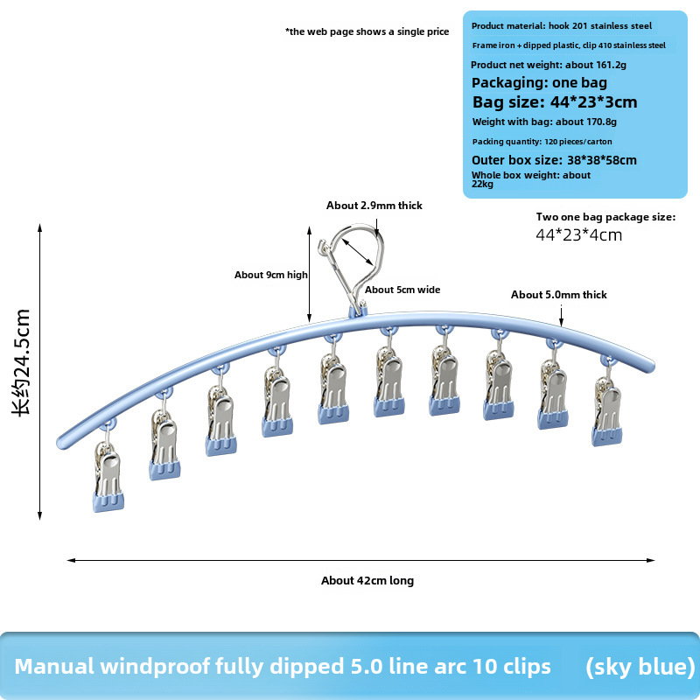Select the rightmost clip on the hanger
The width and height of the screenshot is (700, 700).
coord(607,411)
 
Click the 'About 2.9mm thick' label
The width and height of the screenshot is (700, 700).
coord(374,206)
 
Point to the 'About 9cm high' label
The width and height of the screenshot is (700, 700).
coord(271,275)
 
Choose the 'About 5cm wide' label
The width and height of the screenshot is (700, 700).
coord(402,290)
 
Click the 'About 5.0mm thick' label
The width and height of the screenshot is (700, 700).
coord(559,295)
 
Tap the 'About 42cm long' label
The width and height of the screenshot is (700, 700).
coord(367,580)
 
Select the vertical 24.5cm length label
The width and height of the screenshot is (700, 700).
coord(21,362)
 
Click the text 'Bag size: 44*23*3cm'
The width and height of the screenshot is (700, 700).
coord(555,102)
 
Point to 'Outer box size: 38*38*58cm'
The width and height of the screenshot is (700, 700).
coord(554,160)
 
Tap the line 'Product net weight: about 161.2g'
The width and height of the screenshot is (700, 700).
coord(549,65)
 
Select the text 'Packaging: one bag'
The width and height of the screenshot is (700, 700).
coord(539,83)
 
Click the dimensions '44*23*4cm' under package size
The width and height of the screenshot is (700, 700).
coord(579,234)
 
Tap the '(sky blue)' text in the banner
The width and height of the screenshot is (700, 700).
coord(640,667)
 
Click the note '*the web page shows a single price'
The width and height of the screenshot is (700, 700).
coord(367,31)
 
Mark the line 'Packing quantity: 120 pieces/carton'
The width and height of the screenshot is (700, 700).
coord(542,142)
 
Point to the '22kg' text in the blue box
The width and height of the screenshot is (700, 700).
coord(483,184)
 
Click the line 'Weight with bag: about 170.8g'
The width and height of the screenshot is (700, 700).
coord(544,122)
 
